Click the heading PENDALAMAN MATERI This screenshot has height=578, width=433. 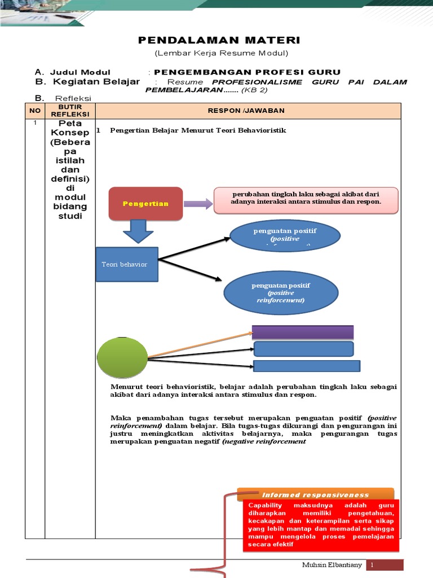coord(219,40)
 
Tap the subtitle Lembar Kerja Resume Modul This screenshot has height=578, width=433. coord(222,53)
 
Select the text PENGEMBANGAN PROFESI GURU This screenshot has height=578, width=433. coord(248,72)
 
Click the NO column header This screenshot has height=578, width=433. coord(35,111)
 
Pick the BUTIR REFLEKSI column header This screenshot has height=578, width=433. coord(70,111)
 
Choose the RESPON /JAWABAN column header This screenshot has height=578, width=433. coord(246,111)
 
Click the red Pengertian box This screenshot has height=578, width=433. coord(145,203)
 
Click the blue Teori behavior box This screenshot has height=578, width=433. coord(127,264)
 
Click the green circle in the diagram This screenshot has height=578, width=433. coord(122,359)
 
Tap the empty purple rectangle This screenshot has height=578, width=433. coord(302,332)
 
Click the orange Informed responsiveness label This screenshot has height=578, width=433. coord(315,494)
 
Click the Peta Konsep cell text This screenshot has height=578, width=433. coord(70,170)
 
